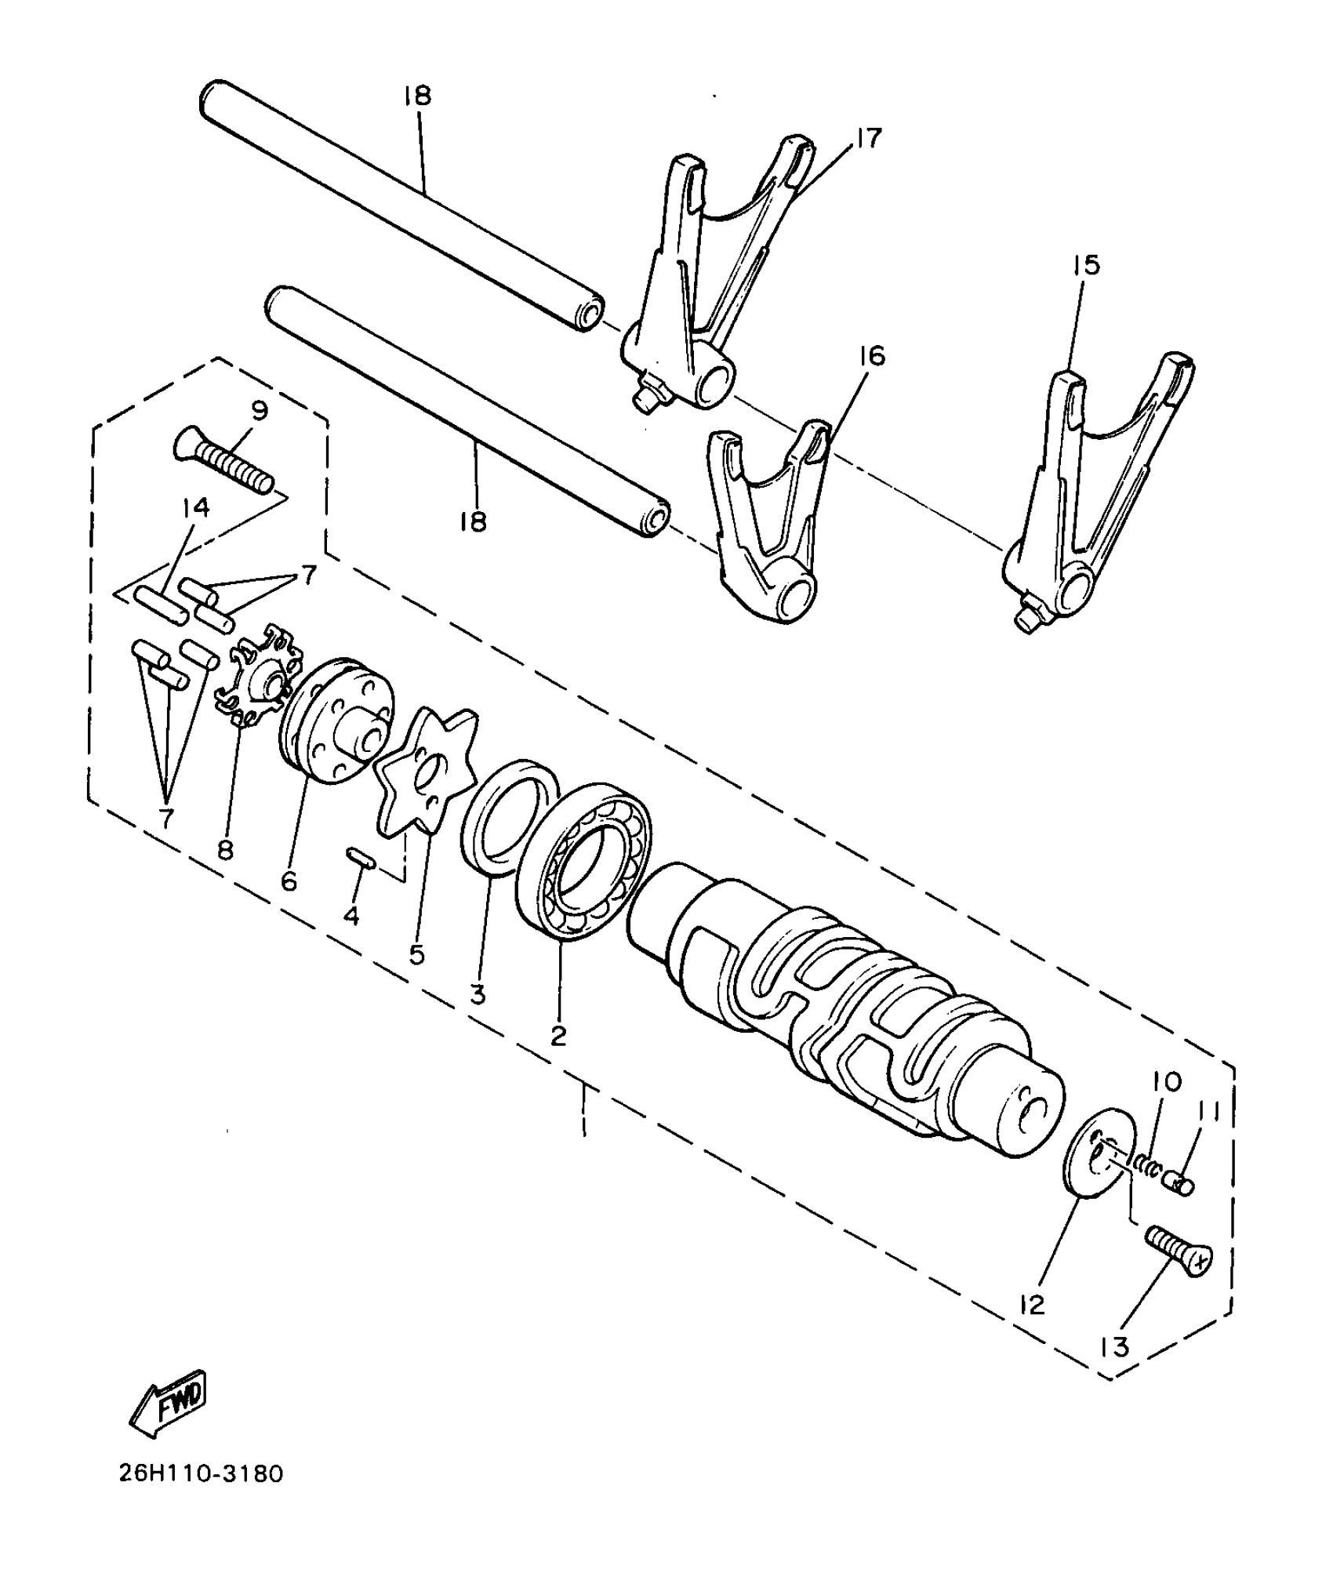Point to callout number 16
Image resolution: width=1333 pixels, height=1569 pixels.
coord(872,356)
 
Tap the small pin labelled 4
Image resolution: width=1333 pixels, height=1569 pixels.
coord(361,856)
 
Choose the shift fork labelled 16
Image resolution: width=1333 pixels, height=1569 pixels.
coord(768,533)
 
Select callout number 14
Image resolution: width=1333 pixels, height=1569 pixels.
coord(196,507)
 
